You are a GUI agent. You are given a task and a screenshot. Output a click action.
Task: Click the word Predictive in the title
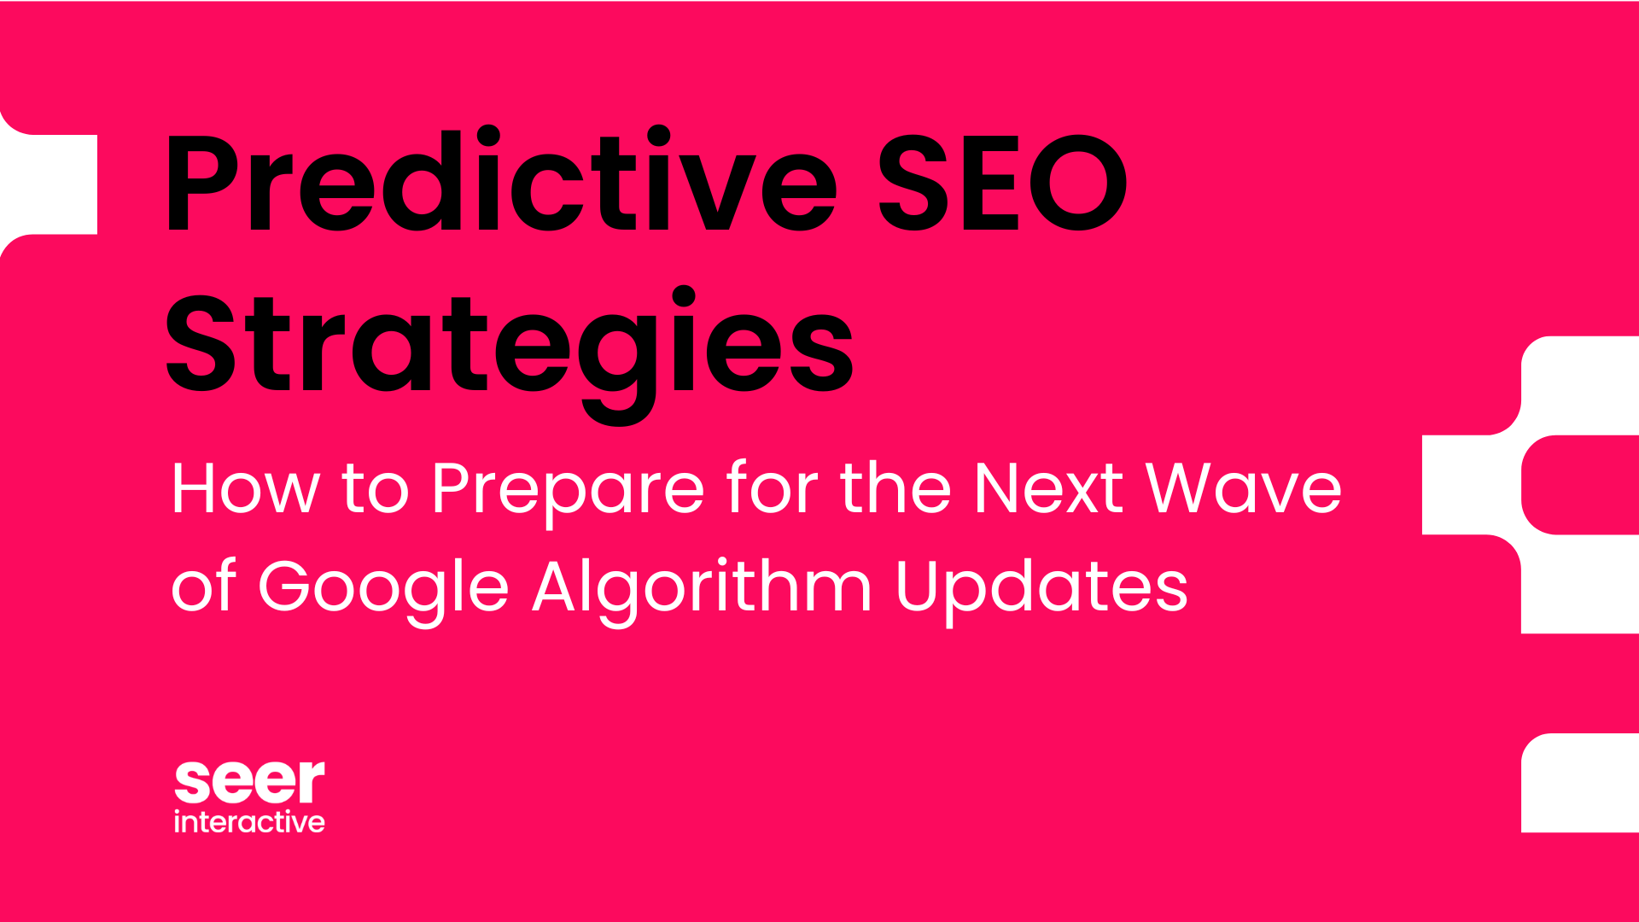click(x=502, y=180)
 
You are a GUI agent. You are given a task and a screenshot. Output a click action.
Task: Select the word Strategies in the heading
click(x=510, y=353)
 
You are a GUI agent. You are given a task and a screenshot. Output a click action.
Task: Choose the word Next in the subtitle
click(x=1049, y=488)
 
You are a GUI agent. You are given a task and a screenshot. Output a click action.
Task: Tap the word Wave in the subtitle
click(x=1244, y=488)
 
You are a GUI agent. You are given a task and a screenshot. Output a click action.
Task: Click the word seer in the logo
click(x=249, y=782)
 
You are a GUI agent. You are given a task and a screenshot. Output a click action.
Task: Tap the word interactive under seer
click(x=249, y=821)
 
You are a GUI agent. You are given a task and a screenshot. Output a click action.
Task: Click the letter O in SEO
click(x=1078, y=183)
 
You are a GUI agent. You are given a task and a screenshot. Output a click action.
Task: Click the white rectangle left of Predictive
click(x=49, y=184)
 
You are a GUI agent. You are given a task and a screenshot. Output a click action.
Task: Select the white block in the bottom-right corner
click(x=1580, y=783)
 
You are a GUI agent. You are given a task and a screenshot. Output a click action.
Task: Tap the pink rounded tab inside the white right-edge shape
click(x=1580, y=485)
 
